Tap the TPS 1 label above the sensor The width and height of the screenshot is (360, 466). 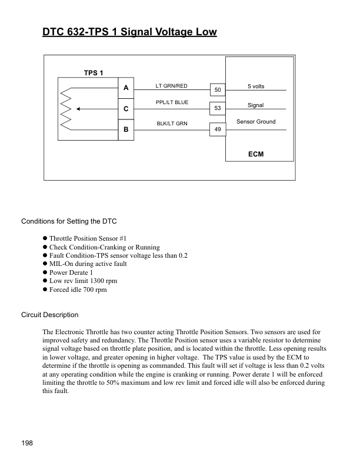[x=94, y=73]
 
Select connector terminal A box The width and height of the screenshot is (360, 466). [x=126, y=88]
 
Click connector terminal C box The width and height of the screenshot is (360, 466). [x=126, y=109]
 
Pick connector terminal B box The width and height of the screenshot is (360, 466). [x=126, y=130]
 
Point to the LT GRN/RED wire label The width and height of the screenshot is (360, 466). [x=171, y=86]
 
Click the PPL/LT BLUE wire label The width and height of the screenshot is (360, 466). [x=172, y=103]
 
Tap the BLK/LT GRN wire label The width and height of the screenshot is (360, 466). [x=172, y=124]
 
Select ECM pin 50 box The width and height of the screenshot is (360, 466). [x=218, y=90]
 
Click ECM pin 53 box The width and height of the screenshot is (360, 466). [x=218, y=109]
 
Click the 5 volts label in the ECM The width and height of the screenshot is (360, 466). [x=256, y=86]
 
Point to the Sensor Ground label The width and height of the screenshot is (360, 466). [x=256, y=122]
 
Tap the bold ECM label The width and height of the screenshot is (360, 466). [x=256, y=154]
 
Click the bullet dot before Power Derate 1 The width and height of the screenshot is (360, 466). [x=45, y=272]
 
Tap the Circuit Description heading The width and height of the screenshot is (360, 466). [x=49, y=315]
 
